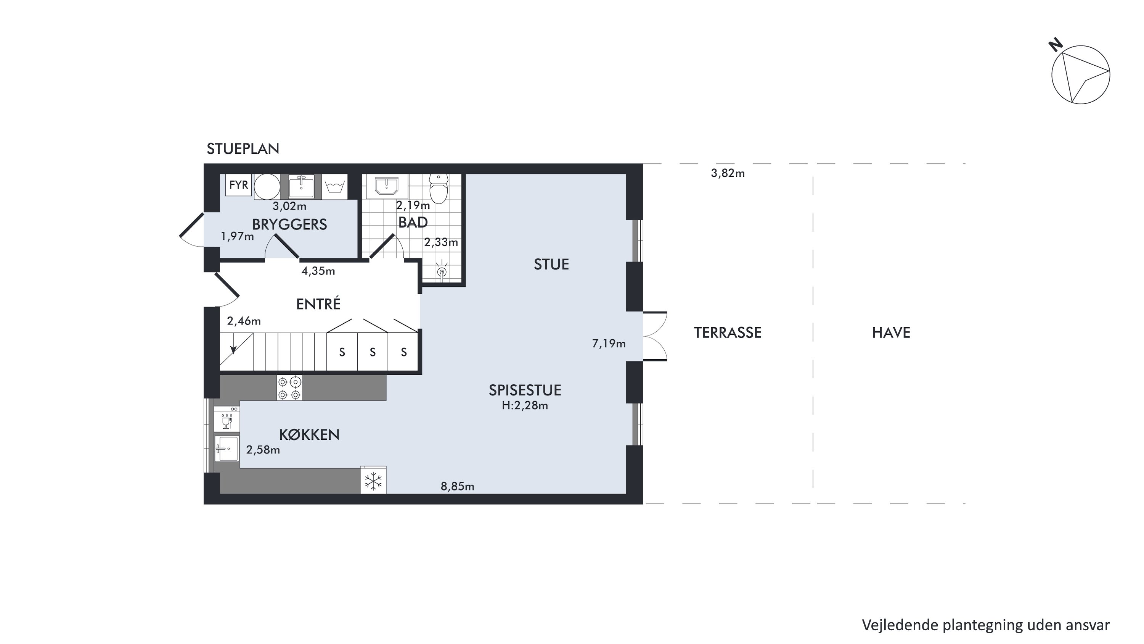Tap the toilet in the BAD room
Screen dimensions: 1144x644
pos(439,189)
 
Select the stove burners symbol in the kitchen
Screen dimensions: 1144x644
pos(289,388)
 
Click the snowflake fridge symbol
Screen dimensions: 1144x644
pos(373,481)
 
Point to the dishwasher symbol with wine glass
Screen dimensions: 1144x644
pos(227,419)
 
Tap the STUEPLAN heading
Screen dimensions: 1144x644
pos(243,149)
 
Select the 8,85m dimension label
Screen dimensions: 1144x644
pos(458,487)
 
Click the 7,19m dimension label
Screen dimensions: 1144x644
pos(609,344)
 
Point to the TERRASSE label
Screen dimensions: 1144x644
pos(728,333)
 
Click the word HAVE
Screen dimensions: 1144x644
pos(891,333)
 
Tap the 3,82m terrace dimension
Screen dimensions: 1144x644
pos(728,173)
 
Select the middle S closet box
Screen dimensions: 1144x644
pos(373,352)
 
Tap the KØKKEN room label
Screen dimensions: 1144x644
pos(309,435)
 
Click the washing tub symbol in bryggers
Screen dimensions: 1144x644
pos(334,186)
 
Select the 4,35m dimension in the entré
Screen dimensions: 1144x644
pos(318,271)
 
